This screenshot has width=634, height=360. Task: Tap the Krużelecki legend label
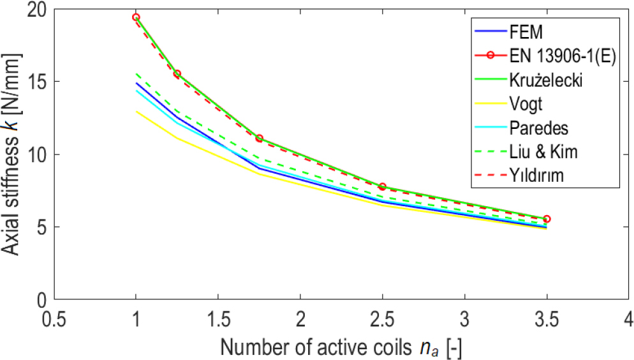(546, 80)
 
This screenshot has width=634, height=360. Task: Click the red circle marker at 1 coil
(136, 17)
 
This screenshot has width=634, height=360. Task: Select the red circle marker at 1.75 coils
(259, 139)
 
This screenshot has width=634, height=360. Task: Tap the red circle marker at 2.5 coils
(383, 186)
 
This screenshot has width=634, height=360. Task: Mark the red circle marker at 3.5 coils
(547, 219)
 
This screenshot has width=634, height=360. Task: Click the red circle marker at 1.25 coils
(177, 74)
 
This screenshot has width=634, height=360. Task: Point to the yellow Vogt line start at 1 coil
(136, 111)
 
